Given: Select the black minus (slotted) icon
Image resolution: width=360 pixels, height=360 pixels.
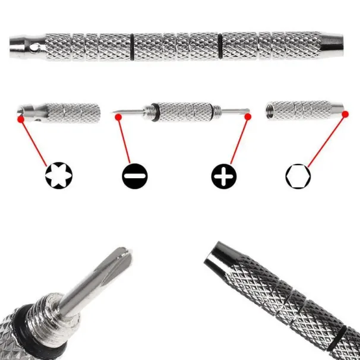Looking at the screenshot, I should coord(133,175).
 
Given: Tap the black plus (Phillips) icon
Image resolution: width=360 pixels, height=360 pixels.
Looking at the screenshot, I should coord(223,175).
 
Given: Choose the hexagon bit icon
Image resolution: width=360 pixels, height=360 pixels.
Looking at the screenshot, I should coord(297,175).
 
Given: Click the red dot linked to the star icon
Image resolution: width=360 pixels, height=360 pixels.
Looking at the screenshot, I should coord(21,119).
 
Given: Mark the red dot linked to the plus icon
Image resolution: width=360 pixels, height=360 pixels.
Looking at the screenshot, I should coord(249,118).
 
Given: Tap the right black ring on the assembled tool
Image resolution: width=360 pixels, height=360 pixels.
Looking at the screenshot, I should coord(220,46).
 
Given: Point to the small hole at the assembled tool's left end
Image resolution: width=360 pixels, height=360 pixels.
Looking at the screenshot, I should coord(37,46).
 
